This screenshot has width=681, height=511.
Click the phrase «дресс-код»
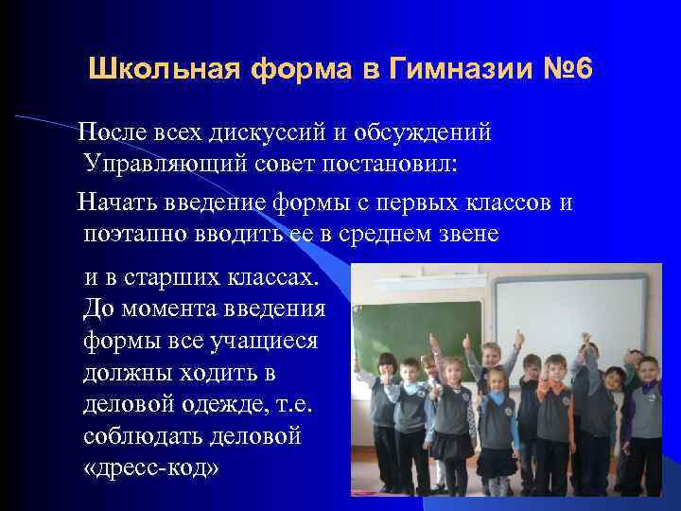tap(150, 468)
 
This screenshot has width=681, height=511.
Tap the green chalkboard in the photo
tap(416, 322)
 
